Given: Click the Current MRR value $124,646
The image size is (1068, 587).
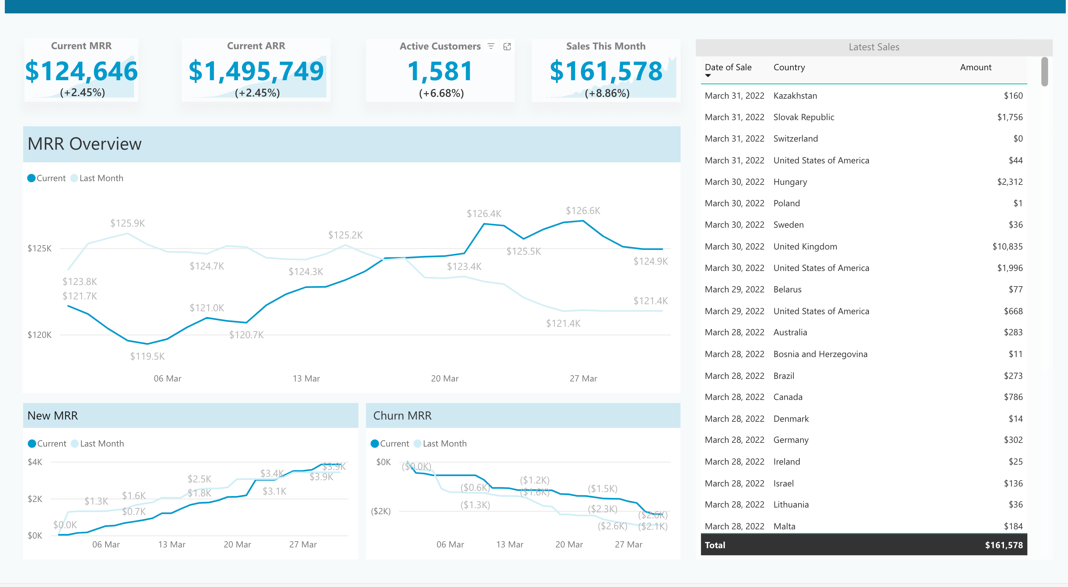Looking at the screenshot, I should click(81, 71).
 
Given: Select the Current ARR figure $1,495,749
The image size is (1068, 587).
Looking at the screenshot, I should click(256, 71).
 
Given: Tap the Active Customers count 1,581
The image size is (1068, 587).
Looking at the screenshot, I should click(440, 71).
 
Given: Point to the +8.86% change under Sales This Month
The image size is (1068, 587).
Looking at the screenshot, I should click(607, 93).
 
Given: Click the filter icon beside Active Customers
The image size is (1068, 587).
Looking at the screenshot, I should click(491, 47).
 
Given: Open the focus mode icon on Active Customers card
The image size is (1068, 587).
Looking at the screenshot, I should click(507, 47).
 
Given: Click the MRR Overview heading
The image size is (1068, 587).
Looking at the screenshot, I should click(85, 144).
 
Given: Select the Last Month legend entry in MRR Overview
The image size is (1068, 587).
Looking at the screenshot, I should click(101, 178).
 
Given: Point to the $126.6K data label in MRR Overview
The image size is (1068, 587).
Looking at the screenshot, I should click(582, 211).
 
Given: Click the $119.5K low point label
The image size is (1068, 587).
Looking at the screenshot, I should click(147, 356).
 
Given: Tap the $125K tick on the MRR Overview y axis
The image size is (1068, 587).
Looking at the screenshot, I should click(39, 248).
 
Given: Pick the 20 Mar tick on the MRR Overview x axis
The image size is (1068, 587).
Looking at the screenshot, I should click(444, 379).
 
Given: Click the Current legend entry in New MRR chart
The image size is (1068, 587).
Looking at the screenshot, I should click(51, 444).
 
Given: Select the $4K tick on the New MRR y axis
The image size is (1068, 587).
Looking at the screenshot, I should click(35, 462).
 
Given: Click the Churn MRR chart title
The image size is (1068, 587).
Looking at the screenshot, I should click(402, 415).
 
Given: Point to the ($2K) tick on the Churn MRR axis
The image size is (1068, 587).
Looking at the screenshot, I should click(380, 511).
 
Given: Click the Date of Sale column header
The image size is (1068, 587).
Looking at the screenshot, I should click(728, 68).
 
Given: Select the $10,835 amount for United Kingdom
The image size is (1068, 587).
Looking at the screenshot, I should click(1007, 247).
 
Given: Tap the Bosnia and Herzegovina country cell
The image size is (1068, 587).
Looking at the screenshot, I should click(820, 354).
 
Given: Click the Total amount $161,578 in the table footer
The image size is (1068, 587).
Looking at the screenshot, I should click(1003, 545).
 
